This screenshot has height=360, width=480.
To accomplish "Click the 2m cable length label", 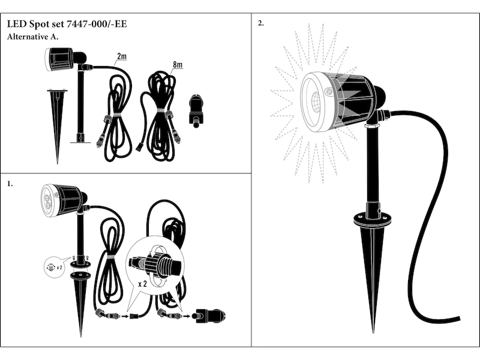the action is tap(122, 56).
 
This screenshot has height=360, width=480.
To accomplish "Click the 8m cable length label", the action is tap(178, 65).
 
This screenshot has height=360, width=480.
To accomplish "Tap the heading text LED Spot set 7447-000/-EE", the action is tap(67, 24).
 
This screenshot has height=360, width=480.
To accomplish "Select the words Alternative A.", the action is tap(32, 37).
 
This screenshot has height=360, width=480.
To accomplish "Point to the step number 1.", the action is tap(10, 184).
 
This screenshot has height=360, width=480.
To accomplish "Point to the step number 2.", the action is tap(261, 23).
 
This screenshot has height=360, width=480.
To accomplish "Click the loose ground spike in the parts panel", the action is tap(57, 126).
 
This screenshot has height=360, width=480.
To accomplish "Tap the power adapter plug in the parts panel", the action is tap(197, 111).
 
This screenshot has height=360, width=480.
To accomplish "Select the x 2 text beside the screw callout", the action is tap(59, 268).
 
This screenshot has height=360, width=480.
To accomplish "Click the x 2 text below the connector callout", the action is tap(143, 284).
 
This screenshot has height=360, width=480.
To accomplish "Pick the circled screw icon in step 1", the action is tap(51, 267).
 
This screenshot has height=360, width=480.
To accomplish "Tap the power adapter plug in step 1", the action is tap(209, 316).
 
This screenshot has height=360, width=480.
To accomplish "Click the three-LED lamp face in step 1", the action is tap(49, 200).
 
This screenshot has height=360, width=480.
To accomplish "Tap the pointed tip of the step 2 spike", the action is tap(373, 333).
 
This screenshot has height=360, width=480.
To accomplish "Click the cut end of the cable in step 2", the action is tap(458, 319).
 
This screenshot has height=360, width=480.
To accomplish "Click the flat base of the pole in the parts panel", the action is tap(80, 142).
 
